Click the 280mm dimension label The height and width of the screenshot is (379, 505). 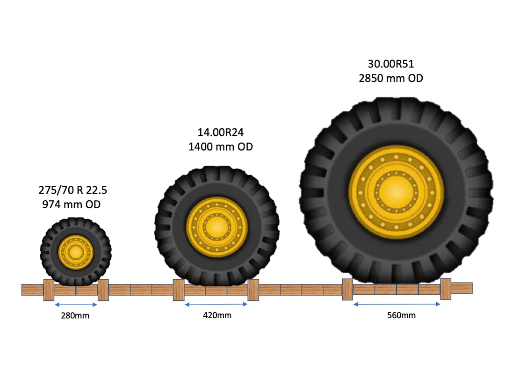click(75, 315)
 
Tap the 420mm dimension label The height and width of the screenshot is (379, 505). click(217, 315)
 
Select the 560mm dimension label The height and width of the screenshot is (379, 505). click(401, 315)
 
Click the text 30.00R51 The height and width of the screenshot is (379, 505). click(390, 64)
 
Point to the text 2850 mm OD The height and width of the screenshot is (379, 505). click(390, 78)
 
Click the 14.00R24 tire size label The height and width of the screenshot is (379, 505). click(221, 132)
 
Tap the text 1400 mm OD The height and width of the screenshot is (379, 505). click(221, 147)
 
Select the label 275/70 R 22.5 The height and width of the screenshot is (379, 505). click(73, 190)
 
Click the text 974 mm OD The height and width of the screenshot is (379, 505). click(72, 204)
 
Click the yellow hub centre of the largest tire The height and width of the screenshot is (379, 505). click(396, 192)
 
